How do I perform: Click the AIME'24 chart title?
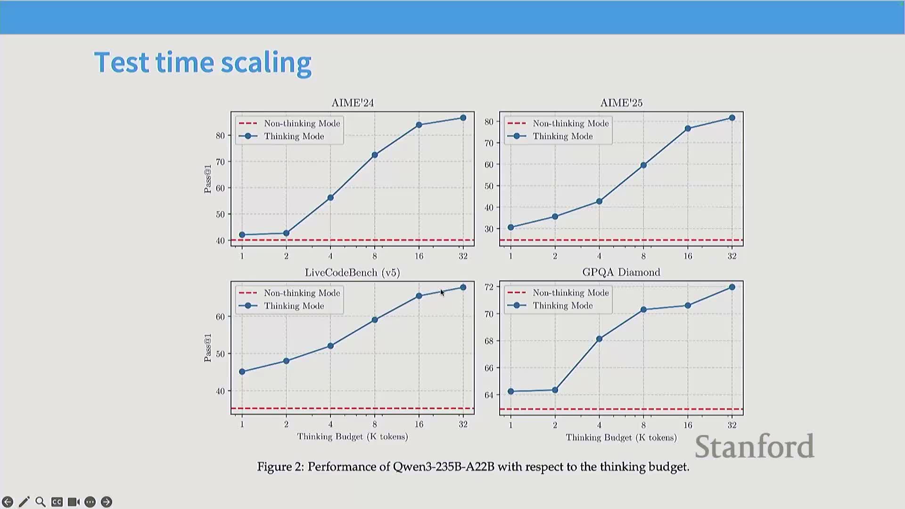[x=352, y=103]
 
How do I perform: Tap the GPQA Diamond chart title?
[x=621, y=272]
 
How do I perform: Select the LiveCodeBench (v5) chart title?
[x=352, y=273]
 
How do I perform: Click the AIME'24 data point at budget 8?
[x=375, y=155]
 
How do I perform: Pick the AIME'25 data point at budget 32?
[x=732, y=118]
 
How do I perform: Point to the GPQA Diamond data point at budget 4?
[x=599, y=339]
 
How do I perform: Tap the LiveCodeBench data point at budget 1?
[x=242, y=372]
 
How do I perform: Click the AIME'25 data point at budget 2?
[x=555, y=217]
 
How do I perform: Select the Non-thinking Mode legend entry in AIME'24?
[x=302, y=123]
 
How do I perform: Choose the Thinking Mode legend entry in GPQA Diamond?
[x=562, y=306]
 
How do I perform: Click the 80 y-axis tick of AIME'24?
[x=220, y=136]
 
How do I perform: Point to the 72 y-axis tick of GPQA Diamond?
[x=489, y=287]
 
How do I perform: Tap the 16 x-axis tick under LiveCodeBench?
[x=419, y=425]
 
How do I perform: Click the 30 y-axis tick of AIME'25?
[x=489, y=229]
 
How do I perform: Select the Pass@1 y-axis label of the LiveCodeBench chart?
[x=207, y=348]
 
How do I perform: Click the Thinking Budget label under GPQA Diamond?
[x=621, y=438]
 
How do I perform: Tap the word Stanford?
[x=754, y=446]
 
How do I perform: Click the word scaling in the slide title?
[x=266, y=63]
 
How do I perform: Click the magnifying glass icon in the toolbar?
[x=41, y=502]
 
